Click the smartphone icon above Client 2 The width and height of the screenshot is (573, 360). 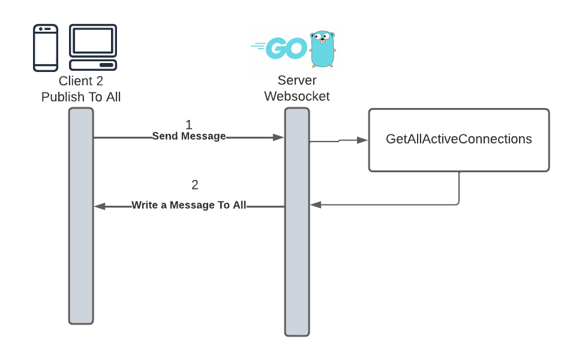tap(46, 47)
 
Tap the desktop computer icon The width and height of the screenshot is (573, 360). tap(92, 47)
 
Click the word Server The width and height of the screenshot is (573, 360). tap(297, 81)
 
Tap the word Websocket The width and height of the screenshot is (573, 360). tap(297, 96)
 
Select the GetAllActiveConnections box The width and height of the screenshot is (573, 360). tap(458, 140)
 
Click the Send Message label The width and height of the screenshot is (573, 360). tap(189, 136)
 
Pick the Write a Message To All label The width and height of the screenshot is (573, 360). tap(189, 205)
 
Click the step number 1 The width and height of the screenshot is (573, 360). tap(189, 125)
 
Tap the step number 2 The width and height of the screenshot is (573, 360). tap(194, 185)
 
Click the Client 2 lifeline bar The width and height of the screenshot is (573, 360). tap(81, 216)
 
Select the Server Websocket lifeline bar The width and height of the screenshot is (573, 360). tap(297, 222)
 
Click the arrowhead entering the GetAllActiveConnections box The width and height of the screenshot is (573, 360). tap(362, 140)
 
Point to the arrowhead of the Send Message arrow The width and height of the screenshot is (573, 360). tap(278, 137)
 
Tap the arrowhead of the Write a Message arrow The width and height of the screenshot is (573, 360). tap(100, 206)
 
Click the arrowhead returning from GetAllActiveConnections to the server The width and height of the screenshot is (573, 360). tap(316, 205)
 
